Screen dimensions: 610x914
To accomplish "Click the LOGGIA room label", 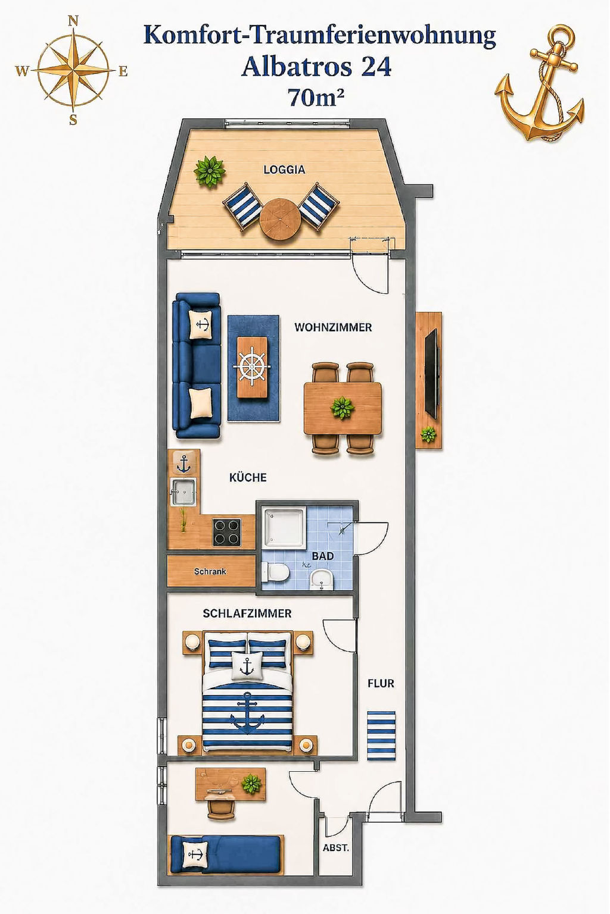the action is pos(284,170).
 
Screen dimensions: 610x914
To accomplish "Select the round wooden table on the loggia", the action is pos(281,219).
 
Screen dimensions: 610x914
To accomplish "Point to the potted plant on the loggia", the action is pos(209,172).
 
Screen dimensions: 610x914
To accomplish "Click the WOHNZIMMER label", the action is pos(334,327).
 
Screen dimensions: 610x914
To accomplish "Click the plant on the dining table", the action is pos(342,408).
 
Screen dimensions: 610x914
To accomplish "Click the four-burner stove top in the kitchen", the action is pos(227,531).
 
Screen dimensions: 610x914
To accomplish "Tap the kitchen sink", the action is pos(183,492).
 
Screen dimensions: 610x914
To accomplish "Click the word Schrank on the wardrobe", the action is pos(210,571).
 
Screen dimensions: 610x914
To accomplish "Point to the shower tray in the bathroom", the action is pos(285,527).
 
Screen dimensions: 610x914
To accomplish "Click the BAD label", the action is pos(323,556).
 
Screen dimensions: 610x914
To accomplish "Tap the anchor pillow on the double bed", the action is pos(247,666).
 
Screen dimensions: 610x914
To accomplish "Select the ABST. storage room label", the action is pos(336,848).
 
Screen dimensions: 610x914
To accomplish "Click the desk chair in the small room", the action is pos(221,804).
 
